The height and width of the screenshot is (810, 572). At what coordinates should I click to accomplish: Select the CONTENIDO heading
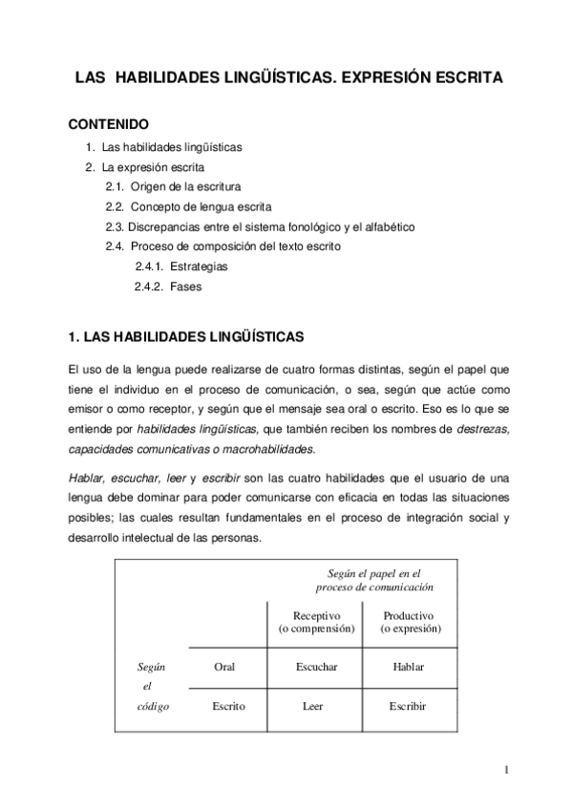108,125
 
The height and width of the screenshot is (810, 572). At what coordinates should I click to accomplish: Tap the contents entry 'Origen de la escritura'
185,185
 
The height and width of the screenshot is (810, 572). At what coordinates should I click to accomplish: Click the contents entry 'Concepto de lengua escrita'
201,206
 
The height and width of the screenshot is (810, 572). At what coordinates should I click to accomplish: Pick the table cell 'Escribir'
408,706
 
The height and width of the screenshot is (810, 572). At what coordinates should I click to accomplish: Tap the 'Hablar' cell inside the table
408,666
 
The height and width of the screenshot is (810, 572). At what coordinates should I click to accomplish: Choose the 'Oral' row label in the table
223,666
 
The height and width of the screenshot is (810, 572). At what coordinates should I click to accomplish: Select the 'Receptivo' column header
316,616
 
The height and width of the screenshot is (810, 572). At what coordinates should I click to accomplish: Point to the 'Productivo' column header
409,616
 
